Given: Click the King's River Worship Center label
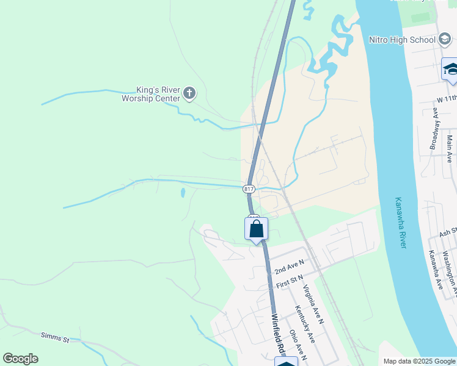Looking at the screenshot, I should click(151, 93).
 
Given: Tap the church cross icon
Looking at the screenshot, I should click(189, 93).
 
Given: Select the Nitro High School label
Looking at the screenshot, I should click(402, 40).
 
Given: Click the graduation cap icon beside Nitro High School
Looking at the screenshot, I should click(445, 40).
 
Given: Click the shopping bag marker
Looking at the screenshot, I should click(257, 229).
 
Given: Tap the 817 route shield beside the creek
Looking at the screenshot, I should click(249, 189).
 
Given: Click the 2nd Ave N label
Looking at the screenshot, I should click(289, 266).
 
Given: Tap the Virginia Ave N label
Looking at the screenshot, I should click(313, 305).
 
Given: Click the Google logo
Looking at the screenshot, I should click(20, 359).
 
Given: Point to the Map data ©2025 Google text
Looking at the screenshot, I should click(418, 361).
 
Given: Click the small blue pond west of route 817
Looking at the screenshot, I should click(182, 193).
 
